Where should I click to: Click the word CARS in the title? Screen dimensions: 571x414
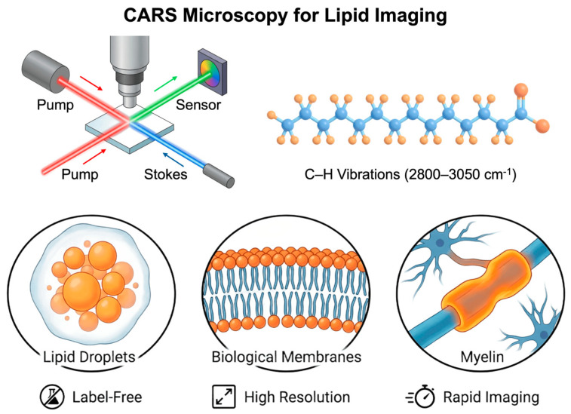tap(150, 15)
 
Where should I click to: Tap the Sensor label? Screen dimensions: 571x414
tap(198, 105)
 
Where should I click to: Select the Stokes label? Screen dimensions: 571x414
tap(166, 174)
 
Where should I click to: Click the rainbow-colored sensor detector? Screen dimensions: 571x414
tap(212, 72)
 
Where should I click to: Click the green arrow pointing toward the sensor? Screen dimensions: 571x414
tap(166, 84)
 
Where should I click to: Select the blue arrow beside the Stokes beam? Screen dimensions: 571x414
tap(173, 159)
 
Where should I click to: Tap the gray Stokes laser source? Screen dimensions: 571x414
tap(219, 176)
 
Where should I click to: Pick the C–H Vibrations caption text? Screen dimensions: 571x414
tap(410, 174)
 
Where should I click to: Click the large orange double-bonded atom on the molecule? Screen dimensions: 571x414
tap(521, 90)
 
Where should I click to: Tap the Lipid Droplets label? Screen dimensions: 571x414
tap(89, 357)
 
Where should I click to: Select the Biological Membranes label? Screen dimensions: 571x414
tap(286, 357)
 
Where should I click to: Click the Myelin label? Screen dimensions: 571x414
tap(482, 357)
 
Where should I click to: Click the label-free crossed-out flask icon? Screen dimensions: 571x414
tap(53, 397)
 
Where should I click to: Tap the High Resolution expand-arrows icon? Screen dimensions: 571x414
tap(223, 397)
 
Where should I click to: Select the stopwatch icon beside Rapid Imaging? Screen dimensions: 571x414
tap(421, 396)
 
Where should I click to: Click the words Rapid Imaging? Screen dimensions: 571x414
tap(491, 397)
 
